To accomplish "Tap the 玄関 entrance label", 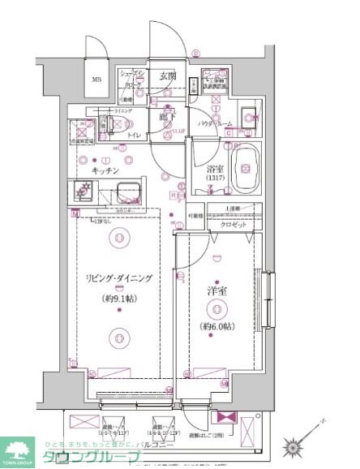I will coord(167,75).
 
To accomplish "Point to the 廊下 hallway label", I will coord(167,117).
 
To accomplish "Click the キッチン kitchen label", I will coord(106,172).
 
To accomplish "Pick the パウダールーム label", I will coord(216,124).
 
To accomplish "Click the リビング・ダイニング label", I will coord(119,278).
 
